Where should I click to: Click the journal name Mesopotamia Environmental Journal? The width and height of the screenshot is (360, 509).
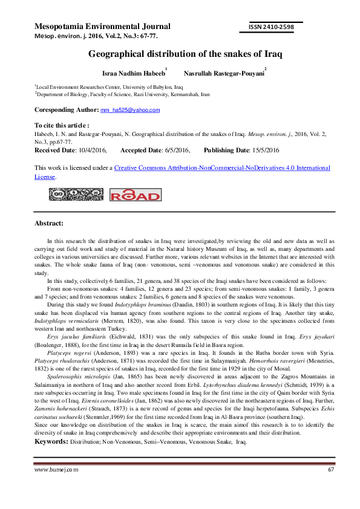click(x=102, y=27)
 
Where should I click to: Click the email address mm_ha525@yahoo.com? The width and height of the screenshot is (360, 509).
click(x=130, y=110)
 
